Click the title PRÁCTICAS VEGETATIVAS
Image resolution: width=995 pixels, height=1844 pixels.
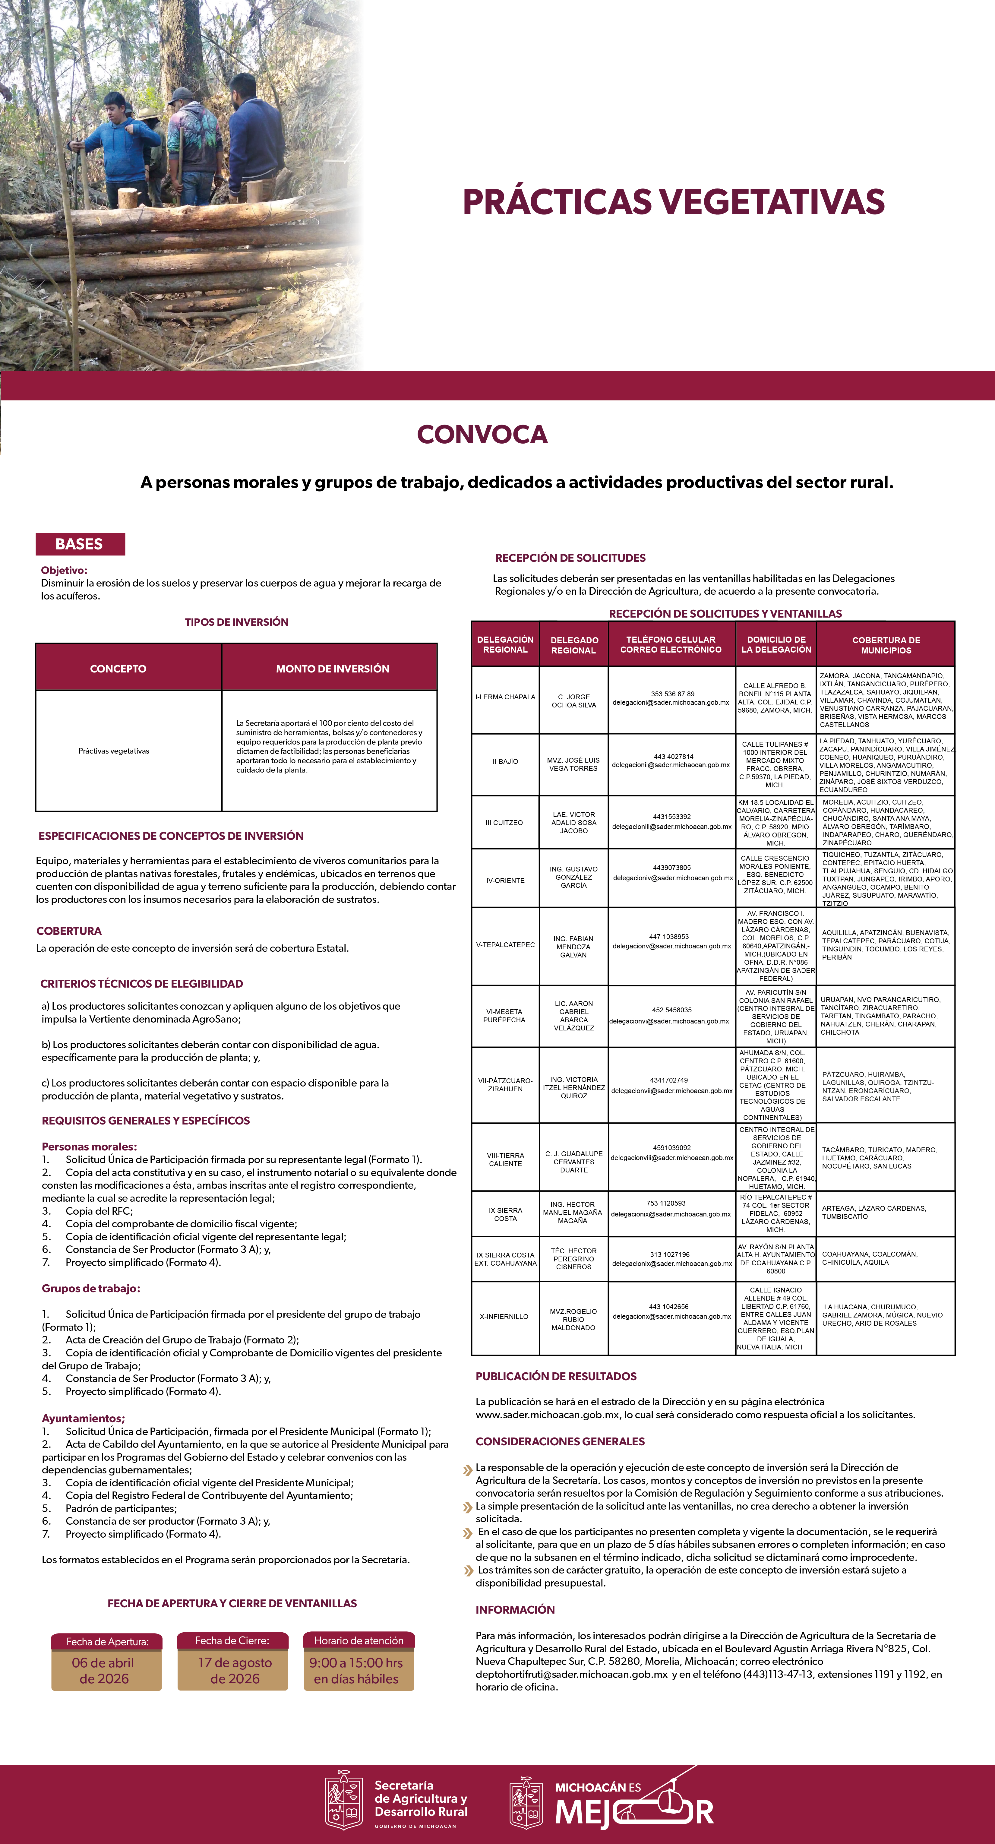[x=673, y=202]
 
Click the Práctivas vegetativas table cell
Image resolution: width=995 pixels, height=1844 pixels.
[x=114, y=751]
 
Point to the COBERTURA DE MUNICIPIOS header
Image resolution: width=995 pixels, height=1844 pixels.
[x=886, y=645]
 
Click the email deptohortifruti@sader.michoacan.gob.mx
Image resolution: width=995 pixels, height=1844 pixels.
[x=571, y=1674]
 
